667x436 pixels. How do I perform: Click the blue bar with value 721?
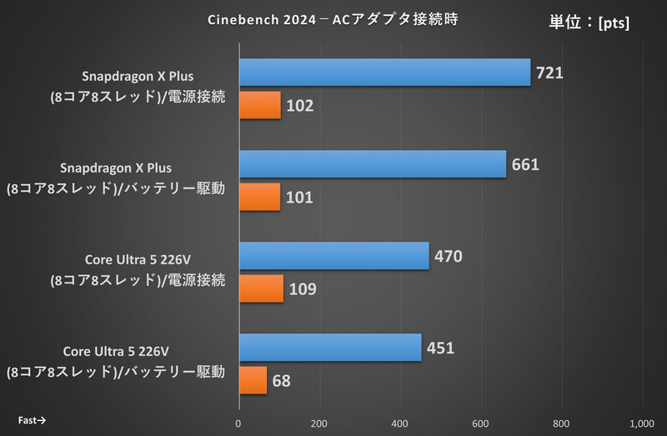click(385, 73)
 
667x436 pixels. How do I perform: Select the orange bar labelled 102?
click(260, 106)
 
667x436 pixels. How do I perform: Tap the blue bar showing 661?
click(373, 164)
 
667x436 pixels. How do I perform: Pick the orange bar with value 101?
click(260, 198)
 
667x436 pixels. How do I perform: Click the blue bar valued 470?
click(334, 256)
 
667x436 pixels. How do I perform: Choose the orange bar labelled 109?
click(262, 289)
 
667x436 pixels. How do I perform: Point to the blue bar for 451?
click(330, 348)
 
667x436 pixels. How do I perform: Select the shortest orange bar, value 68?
click(253, 381)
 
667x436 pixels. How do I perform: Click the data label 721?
click(550, 73)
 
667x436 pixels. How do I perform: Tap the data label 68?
click(282, 381)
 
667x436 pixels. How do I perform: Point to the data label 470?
click(448, 256)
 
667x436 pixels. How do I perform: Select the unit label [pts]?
click(614, 23)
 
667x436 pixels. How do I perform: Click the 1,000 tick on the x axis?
click(641, 422)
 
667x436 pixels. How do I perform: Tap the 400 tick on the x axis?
click(400, 422)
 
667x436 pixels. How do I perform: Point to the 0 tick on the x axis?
click(239, 422)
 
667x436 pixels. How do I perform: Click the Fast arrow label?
click(32, 420)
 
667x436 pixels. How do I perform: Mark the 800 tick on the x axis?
click(561, 422)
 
